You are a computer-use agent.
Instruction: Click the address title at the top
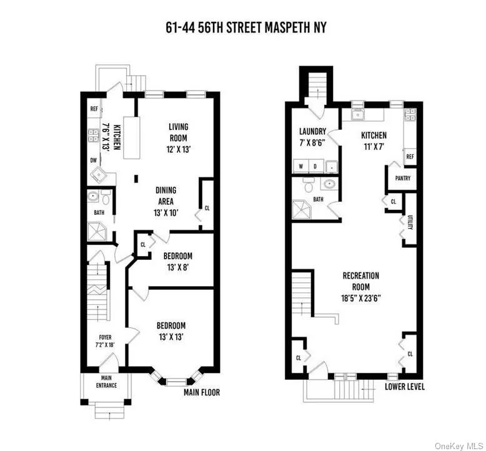pos(242,27)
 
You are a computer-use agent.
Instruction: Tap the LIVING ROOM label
pos(178,132)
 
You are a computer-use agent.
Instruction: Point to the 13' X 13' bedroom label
pos(171,331)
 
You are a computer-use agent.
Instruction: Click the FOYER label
pos(104,341)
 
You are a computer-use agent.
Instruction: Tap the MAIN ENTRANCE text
pos(106,382)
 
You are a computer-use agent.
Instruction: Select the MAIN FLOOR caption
pos(202,393)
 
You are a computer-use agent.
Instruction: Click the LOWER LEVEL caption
pos(405,387)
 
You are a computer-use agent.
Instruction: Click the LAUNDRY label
pos(312,137)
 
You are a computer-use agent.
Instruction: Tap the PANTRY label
pos(402,178)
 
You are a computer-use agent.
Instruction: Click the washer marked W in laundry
pos(301,167)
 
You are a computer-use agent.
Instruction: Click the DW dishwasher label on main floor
pos(93,160)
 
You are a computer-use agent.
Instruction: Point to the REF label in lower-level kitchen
pos(410,156)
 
